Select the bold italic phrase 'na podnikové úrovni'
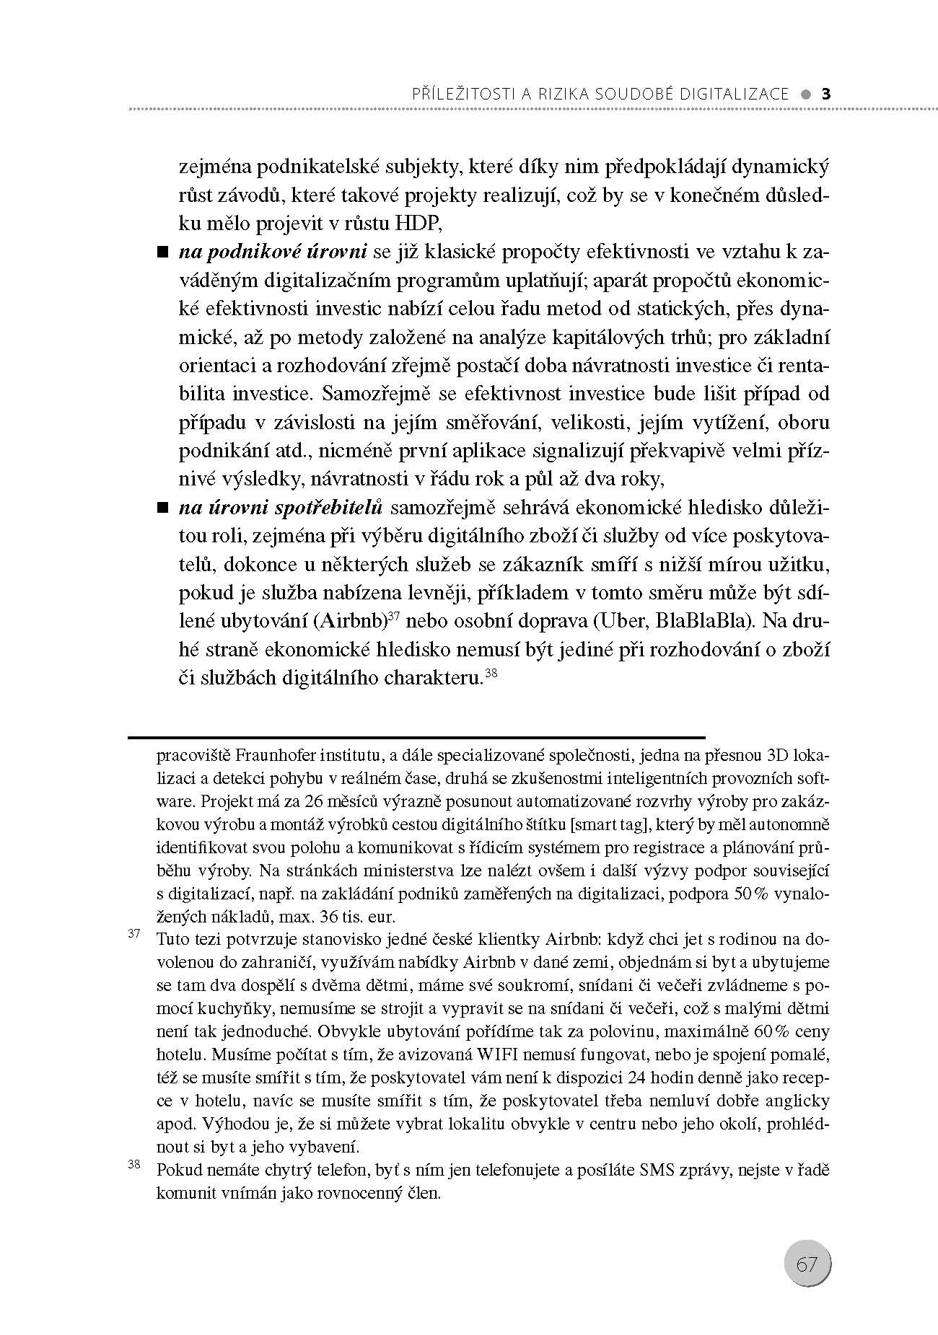(273, 252)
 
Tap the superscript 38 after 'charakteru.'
(491, 674)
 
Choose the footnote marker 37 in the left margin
(133, 934)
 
